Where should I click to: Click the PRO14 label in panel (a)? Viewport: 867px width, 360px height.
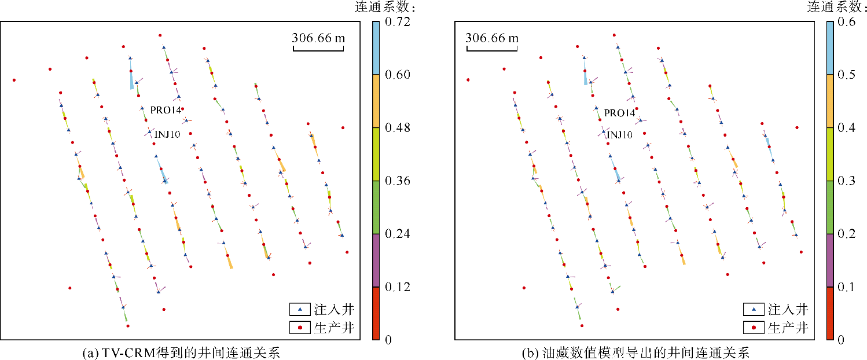(x=165, y=111)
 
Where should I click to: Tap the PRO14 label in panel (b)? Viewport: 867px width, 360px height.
(x=619, y=113)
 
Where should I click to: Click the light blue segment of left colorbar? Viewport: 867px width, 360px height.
(x=376, y=48)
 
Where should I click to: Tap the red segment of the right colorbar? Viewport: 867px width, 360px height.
(x=829, y=313)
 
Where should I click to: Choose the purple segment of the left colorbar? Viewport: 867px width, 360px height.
(x=376, y=260)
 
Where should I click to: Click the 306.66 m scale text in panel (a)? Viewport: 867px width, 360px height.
(x=318, y=38)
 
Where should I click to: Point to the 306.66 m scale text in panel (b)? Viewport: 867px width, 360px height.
(x=492, y=38)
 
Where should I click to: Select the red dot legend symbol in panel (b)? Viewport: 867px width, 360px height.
(x=754, y=328)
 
